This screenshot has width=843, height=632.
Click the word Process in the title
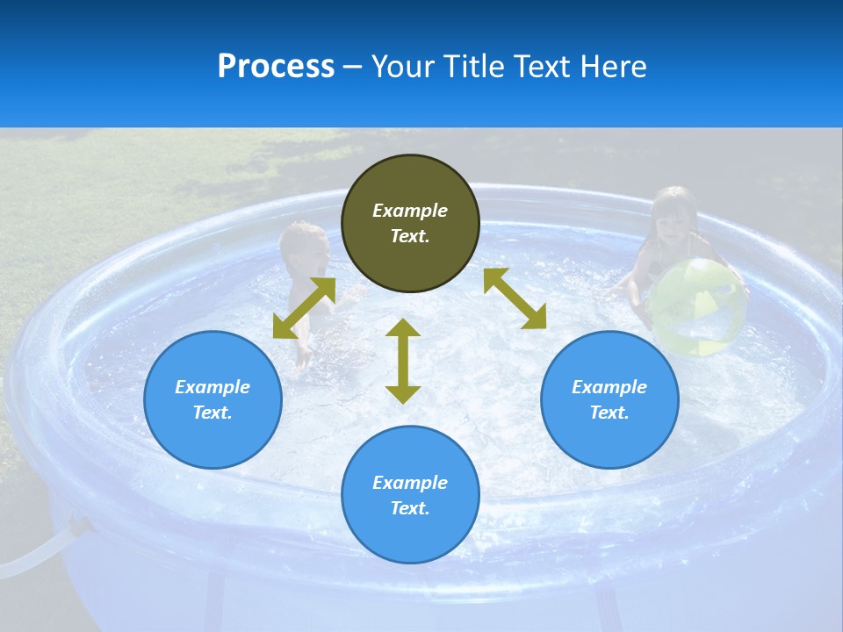(x=276, y=67)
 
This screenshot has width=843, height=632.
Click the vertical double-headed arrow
(x=403, y=361)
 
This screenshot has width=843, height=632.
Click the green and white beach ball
(x=697, y=307)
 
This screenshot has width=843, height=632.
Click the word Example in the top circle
(x=410, y=211)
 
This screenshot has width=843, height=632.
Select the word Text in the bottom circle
(x=410, y=508)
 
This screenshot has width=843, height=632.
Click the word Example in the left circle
(x=213, y=387)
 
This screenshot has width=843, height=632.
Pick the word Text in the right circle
(x=609, y=413)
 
